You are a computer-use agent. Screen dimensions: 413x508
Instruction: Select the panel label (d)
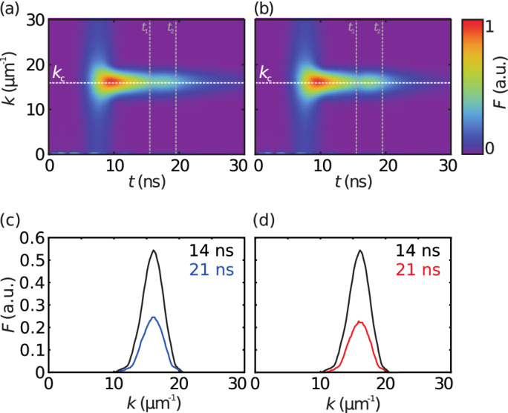point(267,219)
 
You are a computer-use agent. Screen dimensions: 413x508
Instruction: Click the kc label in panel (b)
point(265,73)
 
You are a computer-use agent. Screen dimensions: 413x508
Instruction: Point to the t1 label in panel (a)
point(146,29)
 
